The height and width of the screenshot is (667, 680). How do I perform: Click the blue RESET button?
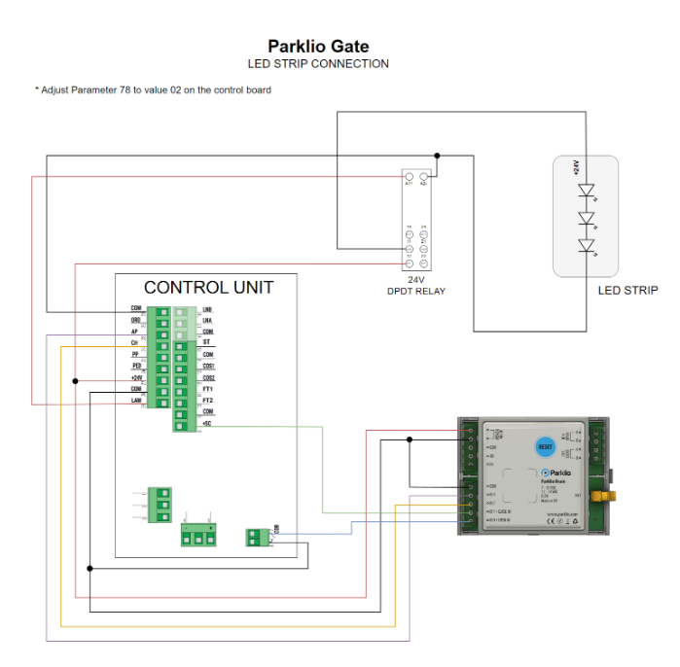(x=545, y=446)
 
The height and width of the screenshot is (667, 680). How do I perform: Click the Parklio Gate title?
(x=318, y=46)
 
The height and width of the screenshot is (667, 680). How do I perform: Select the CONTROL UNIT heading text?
(x=208, y=288)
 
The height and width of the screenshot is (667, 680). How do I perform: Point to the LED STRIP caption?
(x=628, y=290)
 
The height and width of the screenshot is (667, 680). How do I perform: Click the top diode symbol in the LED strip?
(x=586, y=191)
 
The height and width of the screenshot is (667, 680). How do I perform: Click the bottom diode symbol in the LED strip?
(x=586, y=245)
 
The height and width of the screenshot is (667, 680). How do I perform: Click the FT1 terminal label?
(x=207, y=389)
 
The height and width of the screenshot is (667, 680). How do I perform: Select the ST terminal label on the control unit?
(x=206, y=342)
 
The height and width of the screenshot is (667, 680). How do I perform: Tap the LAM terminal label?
(x=136, y=401)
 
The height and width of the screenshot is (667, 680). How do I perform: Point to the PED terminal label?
(x=136, y=366)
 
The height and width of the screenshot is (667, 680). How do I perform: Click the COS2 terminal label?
(x=208, y=377)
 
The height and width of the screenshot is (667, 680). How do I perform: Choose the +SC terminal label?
(x=206, y=424)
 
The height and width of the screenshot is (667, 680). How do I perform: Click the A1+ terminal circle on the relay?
(x=409, y=182)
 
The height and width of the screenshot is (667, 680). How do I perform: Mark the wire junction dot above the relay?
(x=437, y=155)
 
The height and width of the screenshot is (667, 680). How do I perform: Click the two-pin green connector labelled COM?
(x=260, y=535)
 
